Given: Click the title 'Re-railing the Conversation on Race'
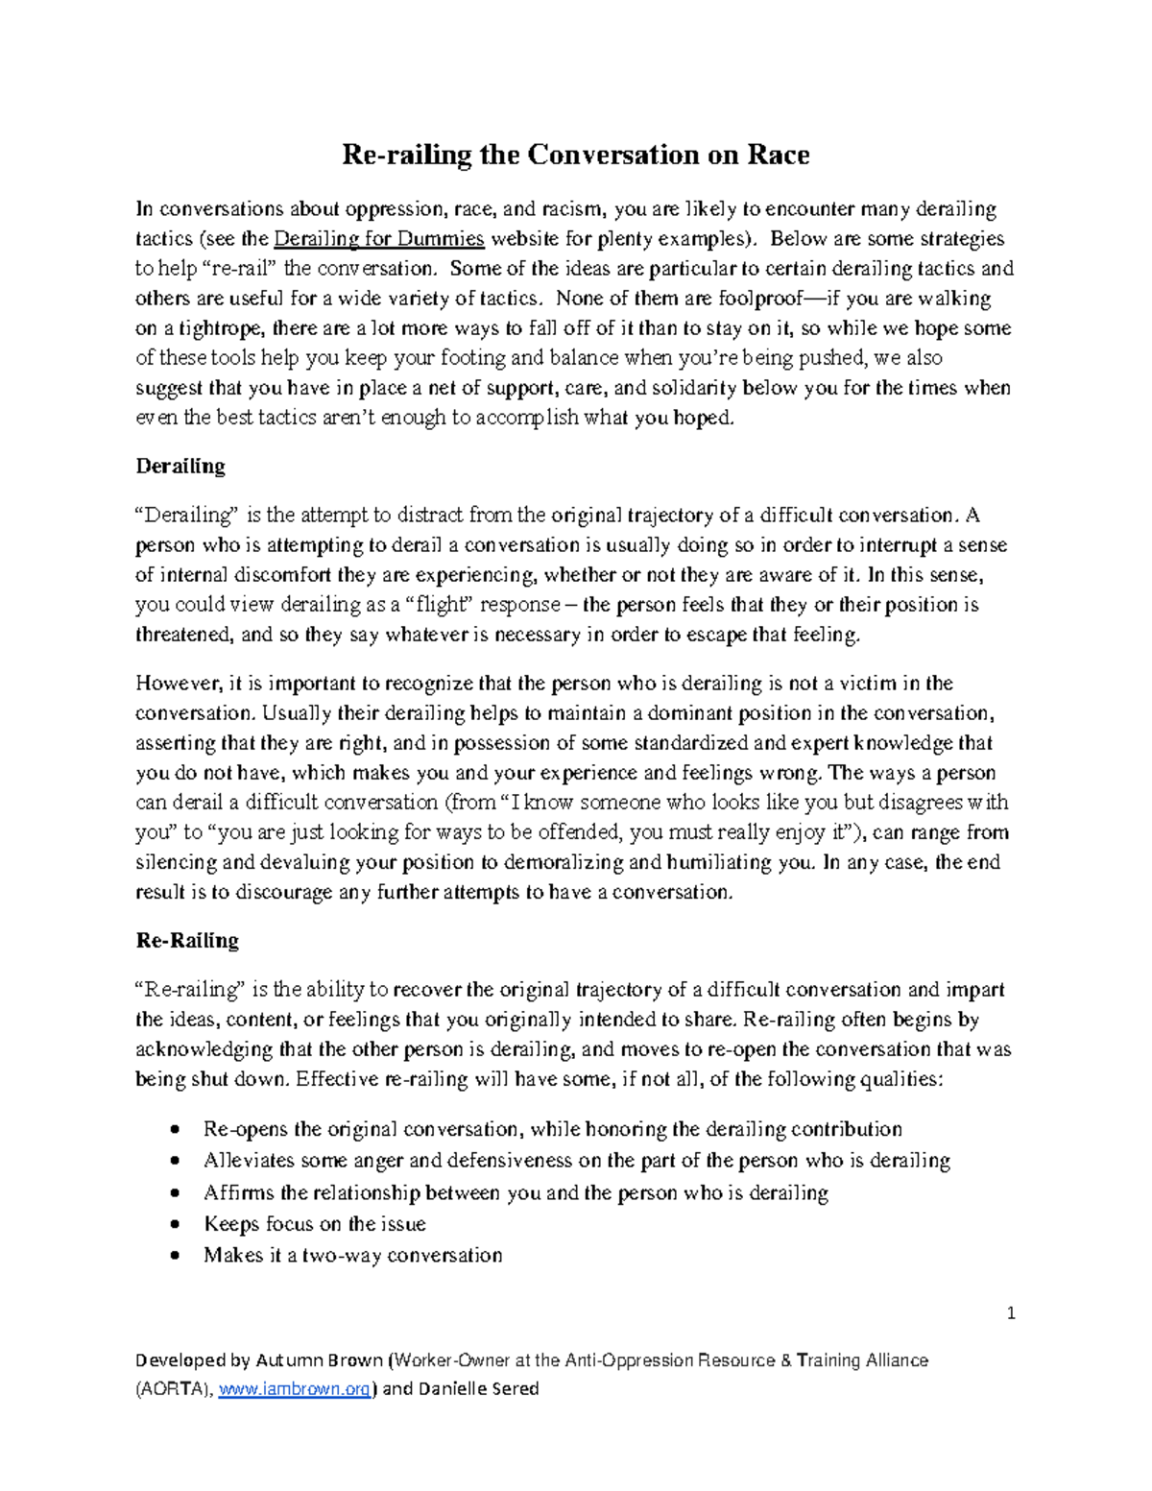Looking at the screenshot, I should [x=575, y=155].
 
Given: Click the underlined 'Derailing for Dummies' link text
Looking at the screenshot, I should [x=379, y=239].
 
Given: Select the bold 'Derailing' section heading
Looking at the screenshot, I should [x=180, y=467].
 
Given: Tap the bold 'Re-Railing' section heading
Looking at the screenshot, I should [x=187, y=940].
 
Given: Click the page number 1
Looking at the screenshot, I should [x=1011, y=1313].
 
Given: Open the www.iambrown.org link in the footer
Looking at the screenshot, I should [x=294, y=1389].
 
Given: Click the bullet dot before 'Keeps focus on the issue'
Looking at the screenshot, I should [x=174, y=1225].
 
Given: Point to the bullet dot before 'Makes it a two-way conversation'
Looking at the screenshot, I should [x=174, y=1256].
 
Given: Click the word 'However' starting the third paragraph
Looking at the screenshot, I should [x=178, y=684].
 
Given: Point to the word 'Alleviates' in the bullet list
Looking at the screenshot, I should [x=249, y=1161].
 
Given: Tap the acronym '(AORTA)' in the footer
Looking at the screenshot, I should [x=174, y=1389].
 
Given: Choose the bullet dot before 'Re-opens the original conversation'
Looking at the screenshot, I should [x=174, y=1130].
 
